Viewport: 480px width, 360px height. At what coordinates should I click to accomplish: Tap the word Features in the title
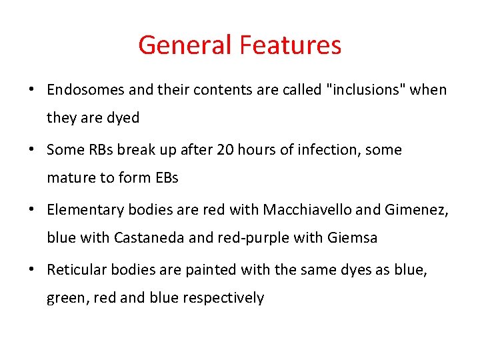coord(290,45)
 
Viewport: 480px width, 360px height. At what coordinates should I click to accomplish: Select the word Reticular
coord(76,269)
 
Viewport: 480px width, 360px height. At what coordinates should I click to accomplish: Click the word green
coord(65,298)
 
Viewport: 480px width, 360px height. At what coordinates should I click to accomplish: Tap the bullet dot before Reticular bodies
coord(31,270)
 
